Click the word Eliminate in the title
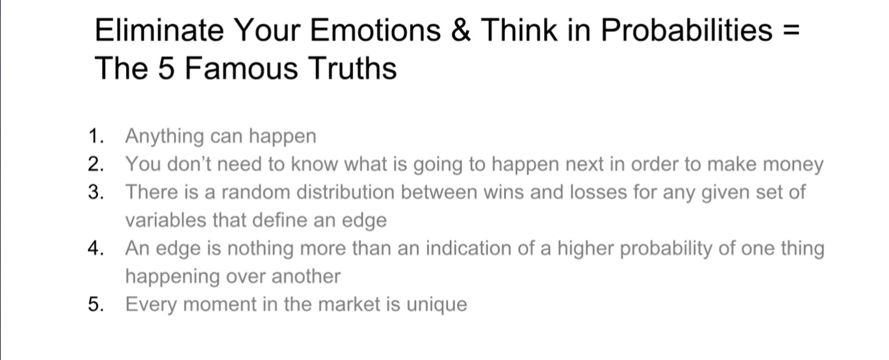click(x=159, y=30)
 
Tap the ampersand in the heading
click(x=461, y=30)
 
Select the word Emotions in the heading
click(x=375, y=30)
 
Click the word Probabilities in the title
click(x=686, y=30)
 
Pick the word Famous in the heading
click(x=241, y=68)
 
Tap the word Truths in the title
click(x=352, y=68)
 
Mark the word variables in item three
click(x=166, y=220)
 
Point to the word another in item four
click(x=306, y=277)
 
